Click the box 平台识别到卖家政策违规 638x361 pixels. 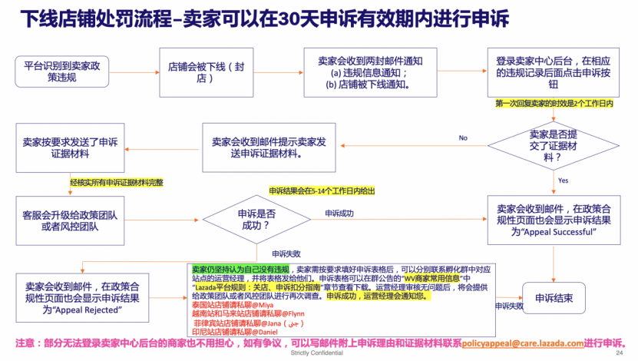click(62, 71)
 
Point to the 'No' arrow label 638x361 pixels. click(463, 138)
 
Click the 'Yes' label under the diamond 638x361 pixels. click(563, 180)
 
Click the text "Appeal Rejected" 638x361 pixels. click(87, 310)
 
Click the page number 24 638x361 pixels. click(619, 356)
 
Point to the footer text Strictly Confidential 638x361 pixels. click(318, 356)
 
